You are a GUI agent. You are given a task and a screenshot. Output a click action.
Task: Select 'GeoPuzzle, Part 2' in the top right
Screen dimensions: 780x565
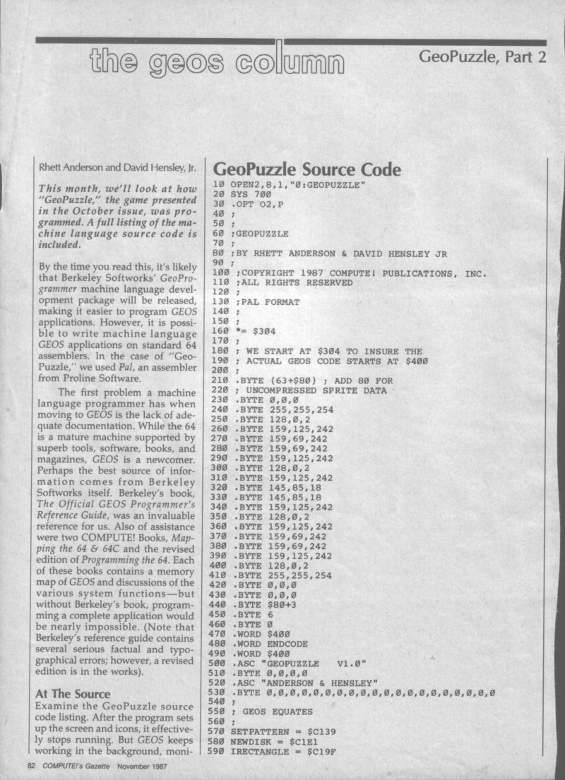pos(483,56)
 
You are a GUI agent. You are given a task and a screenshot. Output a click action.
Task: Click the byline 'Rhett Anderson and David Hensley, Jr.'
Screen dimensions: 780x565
pos(111,169)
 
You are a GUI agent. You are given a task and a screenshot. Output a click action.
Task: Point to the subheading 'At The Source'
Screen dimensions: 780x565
pos(73,694)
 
